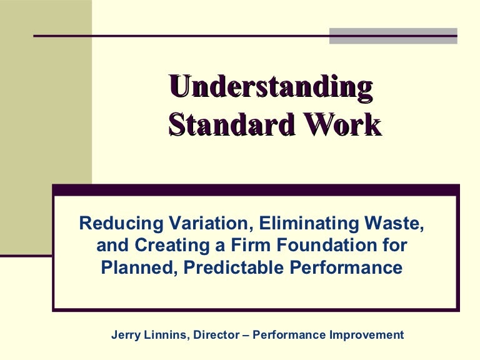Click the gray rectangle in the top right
[394, 36]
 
